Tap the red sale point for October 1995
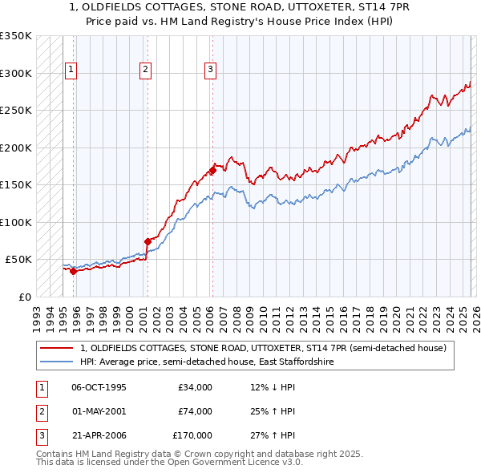pos(73,271)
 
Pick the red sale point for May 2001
pos(148,241)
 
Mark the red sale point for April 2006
pos(212,170)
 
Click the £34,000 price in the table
pos(195,387)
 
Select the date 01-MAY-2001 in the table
pos(99,412)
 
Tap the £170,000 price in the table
pos(192,437)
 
